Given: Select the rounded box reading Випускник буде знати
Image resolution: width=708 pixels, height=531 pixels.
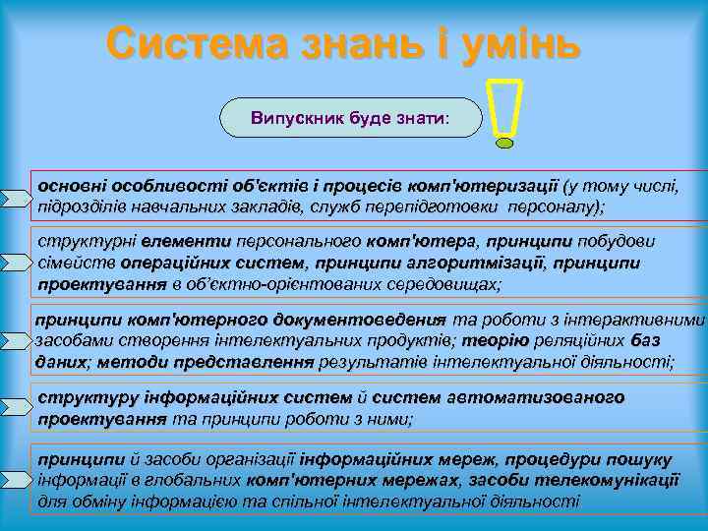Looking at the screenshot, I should click(x=350, y=118).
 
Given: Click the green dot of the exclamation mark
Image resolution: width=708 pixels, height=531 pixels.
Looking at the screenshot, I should click(x=504, y=142).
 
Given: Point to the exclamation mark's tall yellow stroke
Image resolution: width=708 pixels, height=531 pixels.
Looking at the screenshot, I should click(x=504, y=104).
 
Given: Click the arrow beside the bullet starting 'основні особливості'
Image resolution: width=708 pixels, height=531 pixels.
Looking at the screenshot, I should click(x=18, y=198).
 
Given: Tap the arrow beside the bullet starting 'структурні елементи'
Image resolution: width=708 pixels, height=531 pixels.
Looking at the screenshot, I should click(x=18, y=263).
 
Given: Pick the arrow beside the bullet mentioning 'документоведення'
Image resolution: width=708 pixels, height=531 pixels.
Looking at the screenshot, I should click(x=18, y=340).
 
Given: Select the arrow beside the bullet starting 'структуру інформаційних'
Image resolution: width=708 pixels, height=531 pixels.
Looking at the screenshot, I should click(x=18, y=406).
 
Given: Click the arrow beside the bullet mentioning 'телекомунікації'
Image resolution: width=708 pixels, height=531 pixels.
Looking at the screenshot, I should click(x=18, y=479).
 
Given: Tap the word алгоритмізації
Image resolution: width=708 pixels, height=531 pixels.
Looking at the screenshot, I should click(x=487, y=264).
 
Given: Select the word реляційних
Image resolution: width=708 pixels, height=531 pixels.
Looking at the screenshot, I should click(x=586, y=340).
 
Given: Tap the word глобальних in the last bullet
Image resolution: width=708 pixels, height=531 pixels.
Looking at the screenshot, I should click(x=194, y=480).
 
